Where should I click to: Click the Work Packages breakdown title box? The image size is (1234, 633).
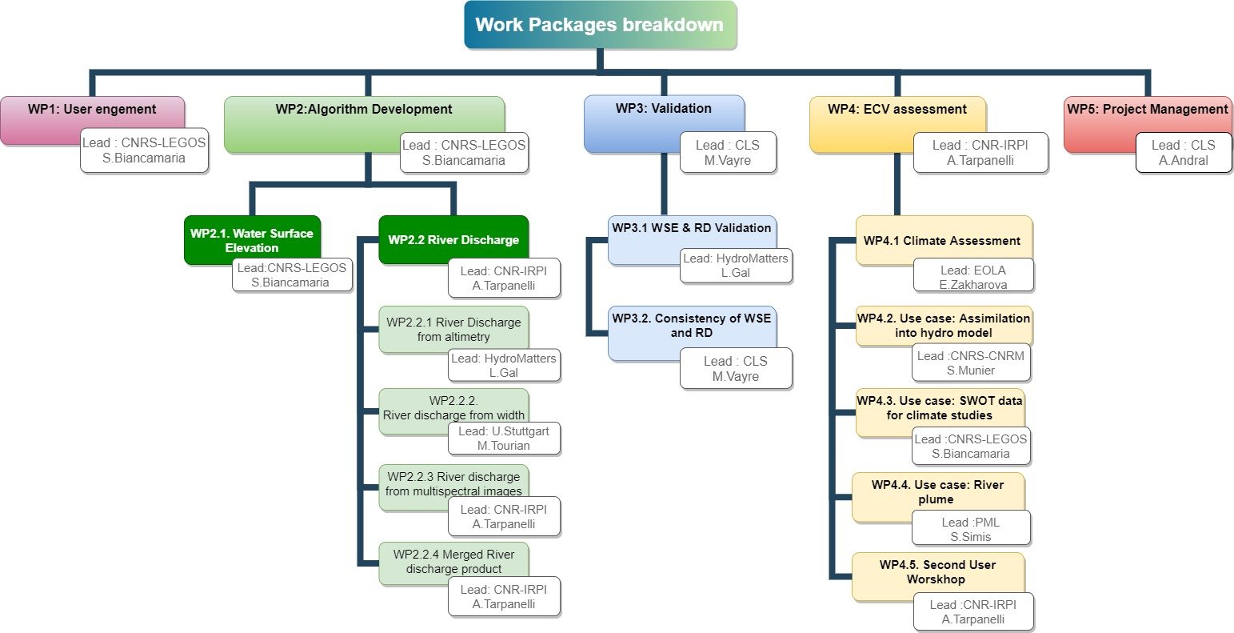(x=600, y=25)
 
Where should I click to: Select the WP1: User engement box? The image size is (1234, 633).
(x=92, y=110)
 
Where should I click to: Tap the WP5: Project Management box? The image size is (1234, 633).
(x=1147, y=110)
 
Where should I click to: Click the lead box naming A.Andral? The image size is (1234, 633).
(x=1183, y=152)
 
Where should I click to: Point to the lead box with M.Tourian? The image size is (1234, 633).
(x=504, y=439)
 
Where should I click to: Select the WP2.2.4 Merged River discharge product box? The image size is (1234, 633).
(x=453, y=557)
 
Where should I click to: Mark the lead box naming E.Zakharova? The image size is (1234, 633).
(x=972, y=278)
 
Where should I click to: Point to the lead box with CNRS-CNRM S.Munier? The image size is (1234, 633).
(x=970, y=363)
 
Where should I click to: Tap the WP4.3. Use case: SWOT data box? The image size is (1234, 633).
(x=939, y=406)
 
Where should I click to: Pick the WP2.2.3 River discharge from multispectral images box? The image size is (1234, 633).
(x=453, y=480)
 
